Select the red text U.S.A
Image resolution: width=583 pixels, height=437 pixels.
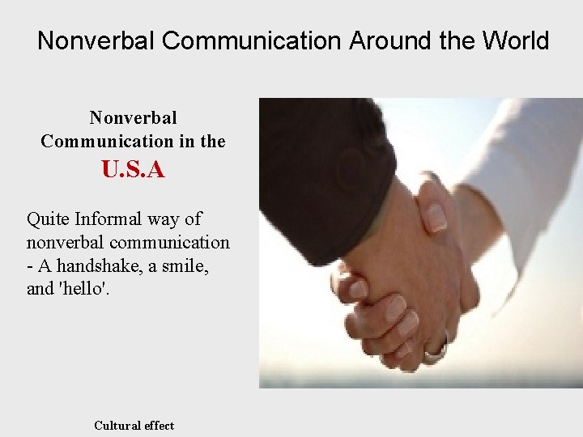[133, 170]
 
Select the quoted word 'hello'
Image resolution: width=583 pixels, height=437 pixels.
[83, 288]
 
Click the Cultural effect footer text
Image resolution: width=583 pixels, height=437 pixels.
[134, 426]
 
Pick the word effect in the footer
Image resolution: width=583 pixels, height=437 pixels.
[160, 426]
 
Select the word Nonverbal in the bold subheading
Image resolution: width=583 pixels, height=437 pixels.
[133, 118]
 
